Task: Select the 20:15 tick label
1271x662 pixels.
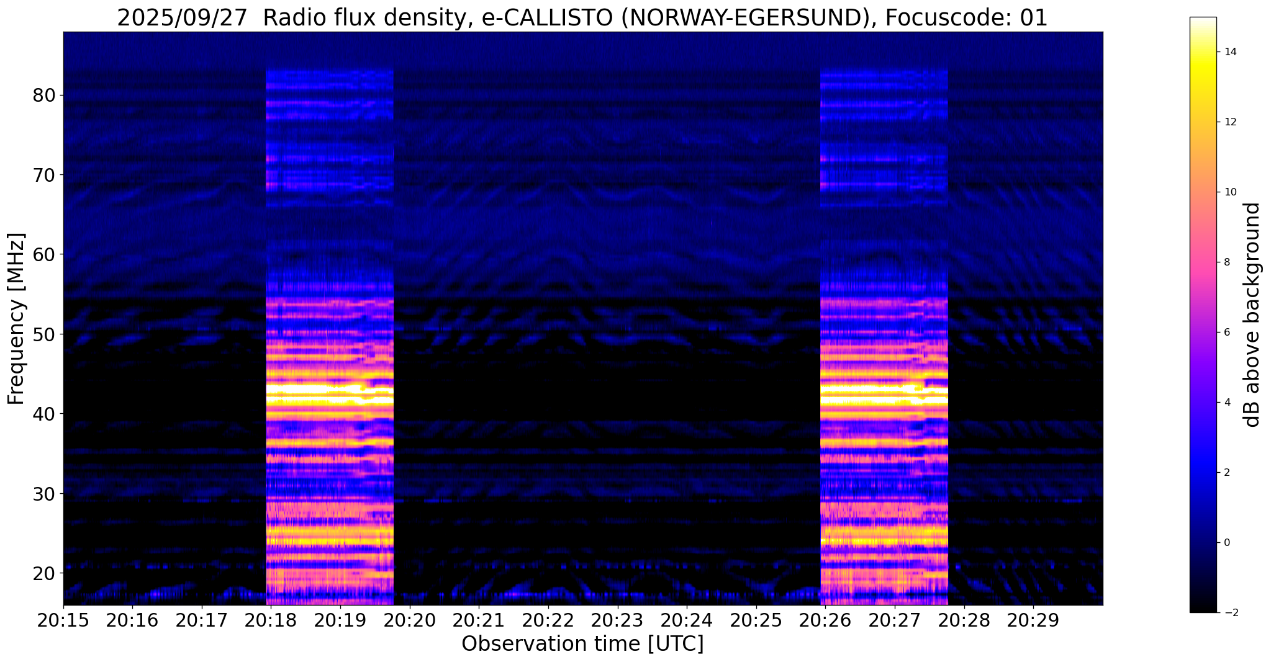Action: pos(63,620)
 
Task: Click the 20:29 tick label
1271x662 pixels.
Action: pos(1033,620)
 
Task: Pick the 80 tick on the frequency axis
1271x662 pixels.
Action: pos(45,96)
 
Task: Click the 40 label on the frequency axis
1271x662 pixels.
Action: pos(45,414)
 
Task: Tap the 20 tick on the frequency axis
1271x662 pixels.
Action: pos(45,573)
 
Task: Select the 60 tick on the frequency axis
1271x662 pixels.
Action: pos(45,254)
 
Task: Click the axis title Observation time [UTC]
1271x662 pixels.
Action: pos(582,644)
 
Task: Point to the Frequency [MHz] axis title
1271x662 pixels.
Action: pos(16,318)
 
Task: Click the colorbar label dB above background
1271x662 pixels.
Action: pos(1252,315)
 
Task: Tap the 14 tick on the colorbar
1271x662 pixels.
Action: pos(1229,52)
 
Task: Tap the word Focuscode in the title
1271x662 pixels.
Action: pos(949,18)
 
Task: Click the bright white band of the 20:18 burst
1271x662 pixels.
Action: pos(329,391)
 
